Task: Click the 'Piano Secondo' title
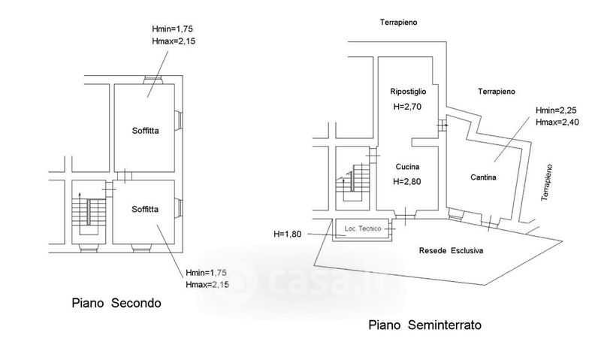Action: pos(116,304)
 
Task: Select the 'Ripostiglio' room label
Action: pos(409,92)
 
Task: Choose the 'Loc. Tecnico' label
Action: pos(363,228)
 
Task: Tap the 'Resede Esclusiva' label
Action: pos(452,250)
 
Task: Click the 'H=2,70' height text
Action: pos(409,107)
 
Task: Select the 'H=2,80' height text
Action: pos(407,183)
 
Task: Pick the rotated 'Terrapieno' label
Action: pos(550,181)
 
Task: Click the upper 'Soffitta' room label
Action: pos(143,129)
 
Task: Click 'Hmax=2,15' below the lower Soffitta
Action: pos(208,284)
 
